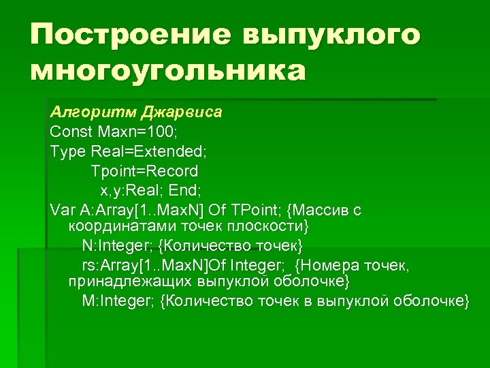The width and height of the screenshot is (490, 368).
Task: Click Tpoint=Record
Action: click(144, 170)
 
